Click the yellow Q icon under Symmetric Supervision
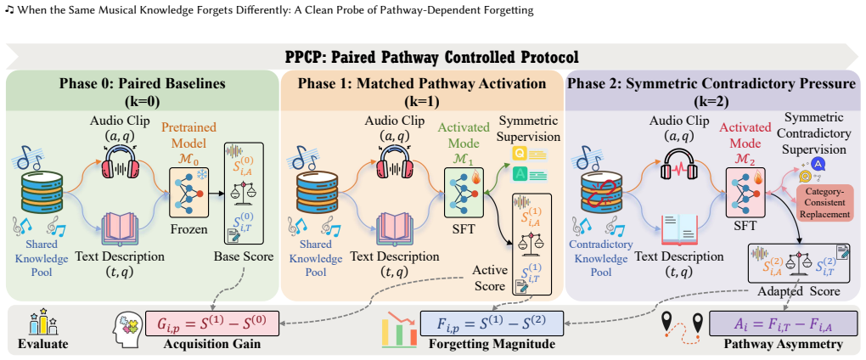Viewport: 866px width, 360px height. tap(519, 154)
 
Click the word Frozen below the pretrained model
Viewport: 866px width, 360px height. tap(189, 228)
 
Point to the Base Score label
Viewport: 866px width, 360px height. tap(245, 256)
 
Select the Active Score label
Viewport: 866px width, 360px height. tap(489, 278)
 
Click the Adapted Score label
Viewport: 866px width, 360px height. tap(800, 291)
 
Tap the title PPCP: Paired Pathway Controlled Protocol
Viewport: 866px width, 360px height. tap(432, 57)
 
